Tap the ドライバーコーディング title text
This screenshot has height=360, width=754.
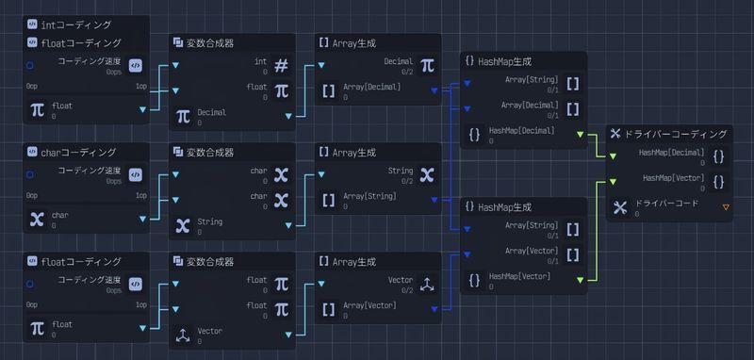676,135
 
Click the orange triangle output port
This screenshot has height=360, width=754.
725,206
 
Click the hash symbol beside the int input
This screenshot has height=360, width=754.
281,65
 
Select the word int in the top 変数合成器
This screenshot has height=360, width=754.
260,61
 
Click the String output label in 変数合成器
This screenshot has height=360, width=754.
210,221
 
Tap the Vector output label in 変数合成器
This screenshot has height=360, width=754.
210,331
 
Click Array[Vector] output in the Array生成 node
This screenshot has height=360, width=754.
369,304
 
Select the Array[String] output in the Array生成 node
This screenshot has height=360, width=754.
369,195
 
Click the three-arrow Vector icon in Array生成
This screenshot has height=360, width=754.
427,284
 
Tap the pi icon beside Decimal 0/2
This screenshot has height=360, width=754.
427,65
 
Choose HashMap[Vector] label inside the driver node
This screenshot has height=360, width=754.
674,176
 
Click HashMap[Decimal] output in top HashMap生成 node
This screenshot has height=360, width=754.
522,131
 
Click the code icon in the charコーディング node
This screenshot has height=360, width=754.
136,175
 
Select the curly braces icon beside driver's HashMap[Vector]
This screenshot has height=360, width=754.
719,182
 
